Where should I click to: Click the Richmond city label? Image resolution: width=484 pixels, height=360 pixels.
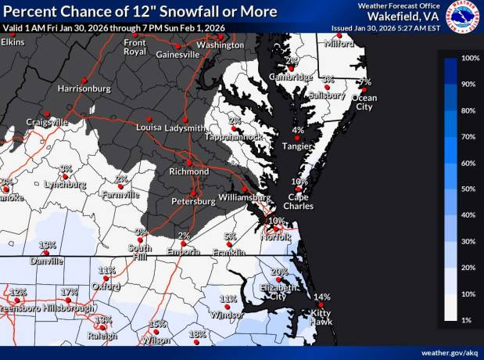(189, 171)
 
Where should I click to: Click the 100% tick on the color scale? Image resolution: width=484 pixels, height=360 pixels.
(470, 59)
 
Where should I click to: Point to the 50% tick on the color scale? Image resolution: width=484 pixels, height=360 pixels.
(470, 189)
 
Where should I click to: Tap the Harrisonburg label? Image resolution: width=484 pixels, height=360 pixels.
(84, 89)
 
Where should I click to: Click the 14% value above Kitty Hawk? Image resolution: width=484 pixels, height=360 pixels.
(321, 297)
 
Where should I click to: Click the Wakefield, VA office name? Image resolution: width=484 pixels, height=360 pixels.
(400, 16)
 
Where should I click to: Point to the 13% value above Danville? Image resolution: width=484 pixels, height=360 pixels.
(47, 245)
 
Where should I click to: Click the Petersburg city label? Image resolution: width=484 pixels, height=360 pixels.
(193, 202)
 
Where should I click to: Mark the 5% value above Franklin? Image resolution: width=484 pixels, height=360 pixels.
(230, 236)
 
